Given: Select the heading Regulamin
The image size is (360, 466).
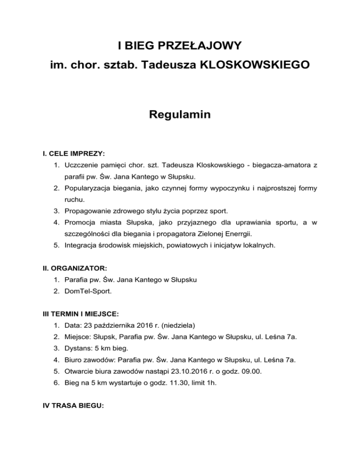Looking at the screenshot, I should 180,115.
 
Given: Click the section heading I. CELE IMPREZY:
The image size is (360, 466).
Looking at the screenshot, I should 71,154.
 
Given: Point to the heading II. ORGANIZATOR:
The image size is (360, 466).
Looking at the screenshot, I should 73,268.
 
